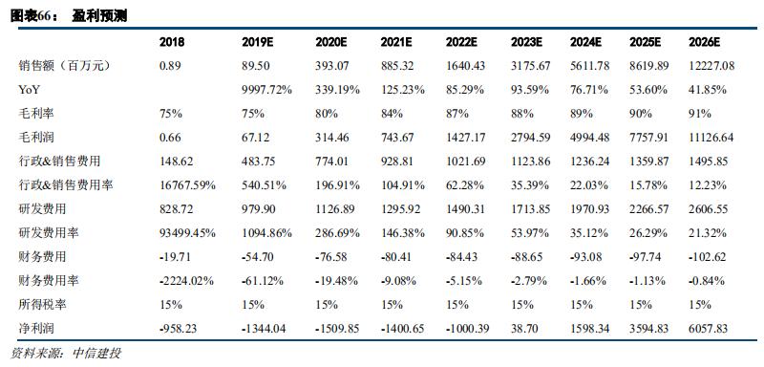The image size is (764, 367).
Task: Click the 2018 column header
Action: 172,42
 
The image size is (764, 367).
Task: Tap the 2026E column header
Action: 704,42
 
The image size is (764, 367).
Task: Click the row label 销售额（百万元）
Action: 61,66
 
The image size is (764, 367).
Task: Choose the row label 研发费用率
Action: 48,233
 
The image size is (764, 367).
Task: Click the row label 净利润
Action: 35,329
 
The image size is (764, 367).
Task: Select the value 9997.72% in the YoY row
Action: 267,90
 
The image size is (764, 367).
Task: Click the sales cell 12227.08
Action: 711,66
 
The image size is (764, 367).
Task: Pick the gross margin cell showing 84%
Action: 392,114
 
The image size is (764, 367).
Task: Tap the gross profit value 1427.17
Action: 465,138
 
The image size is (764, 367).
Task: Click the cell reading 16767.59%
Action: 187,185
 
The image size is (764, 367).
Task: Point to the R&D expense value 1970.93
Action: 589,209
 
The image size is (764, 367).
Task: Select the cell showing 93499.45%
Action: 187,233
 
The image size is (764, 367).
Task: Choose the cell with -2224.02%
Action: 186,281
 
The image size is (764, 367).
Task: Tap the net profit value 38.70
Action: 524,329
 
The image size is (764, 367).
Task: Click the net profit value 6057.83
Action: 708,329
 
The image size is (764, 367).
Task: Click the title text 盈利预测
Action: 99,16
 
